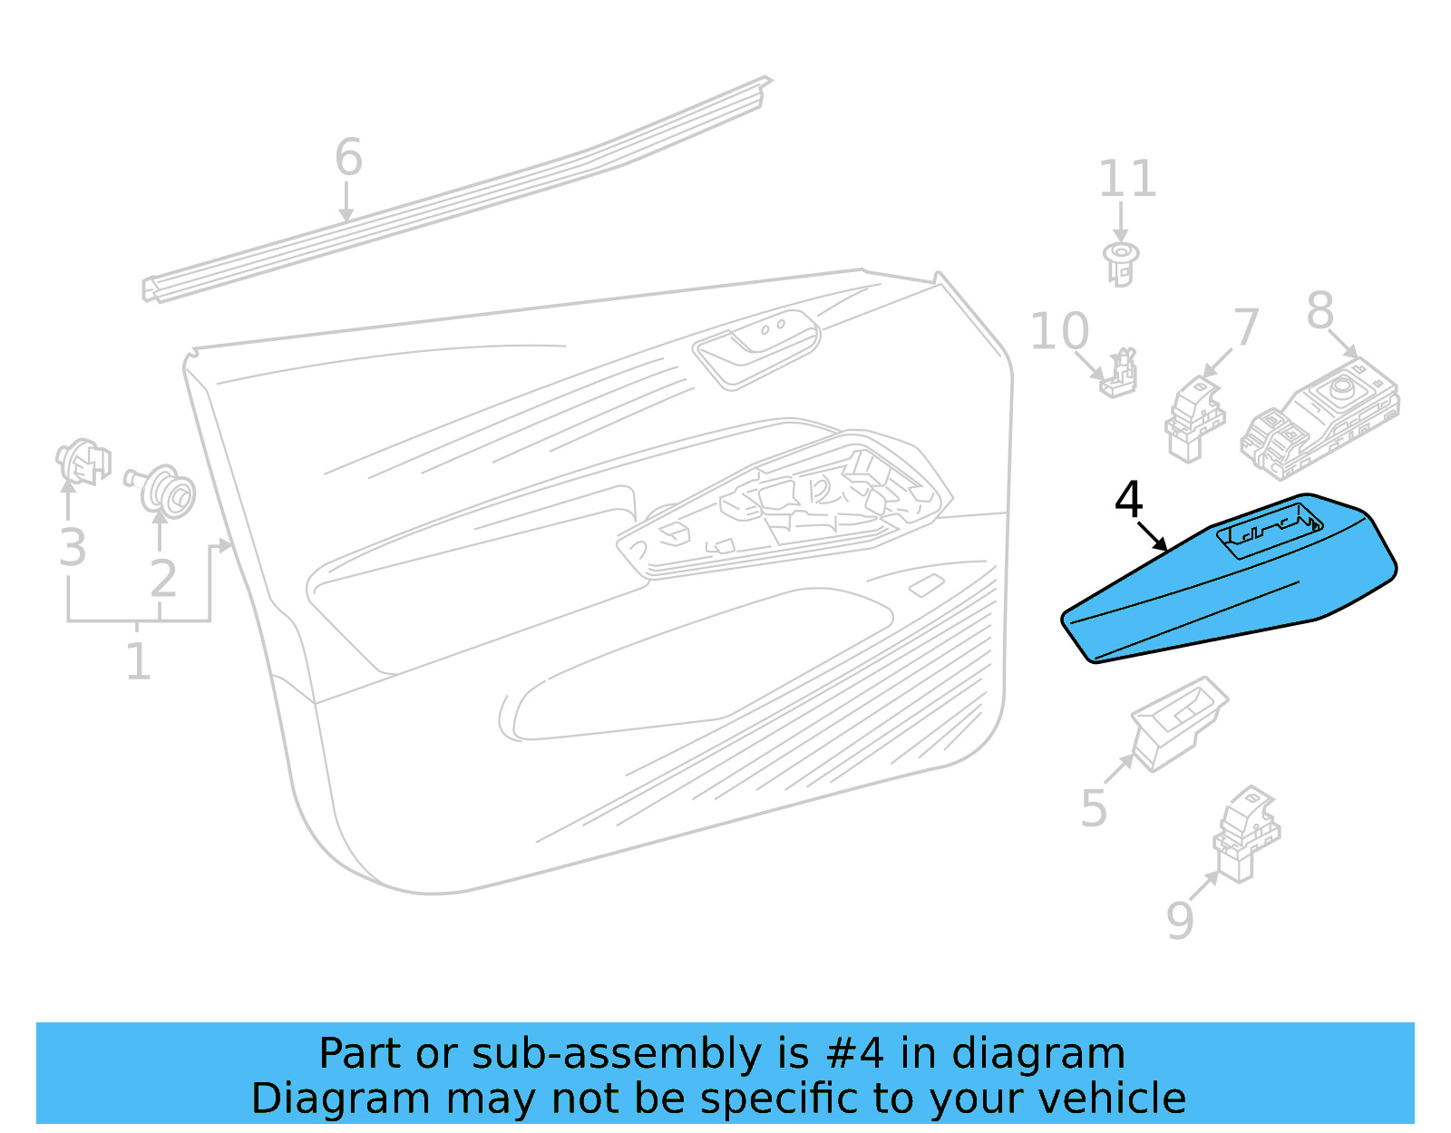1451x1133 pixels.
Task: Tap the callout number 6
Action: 349,158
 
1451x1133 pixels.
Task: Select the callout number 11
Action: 1127,179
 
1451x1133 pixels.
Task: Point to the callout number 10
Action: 1059,332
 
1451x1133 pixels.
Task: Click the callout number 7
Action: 1247,327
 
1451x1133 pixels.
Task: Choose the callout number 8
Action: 1320,311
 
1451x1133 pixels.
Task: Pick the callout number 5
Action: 1094,808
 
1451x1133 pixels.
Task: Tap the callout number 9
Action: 1180,921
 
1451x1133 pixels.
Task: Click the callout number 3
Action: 73,548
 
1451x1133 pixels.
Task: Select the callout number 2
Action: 163,579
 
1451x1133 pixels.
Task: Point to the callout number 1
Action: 138,662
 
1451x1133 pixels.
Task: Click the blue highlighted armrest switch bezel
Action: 1224,590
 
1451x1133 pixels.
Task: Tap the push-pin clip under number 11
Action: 1122,263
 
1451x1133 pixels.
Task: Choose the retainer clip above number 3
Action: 83,461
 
